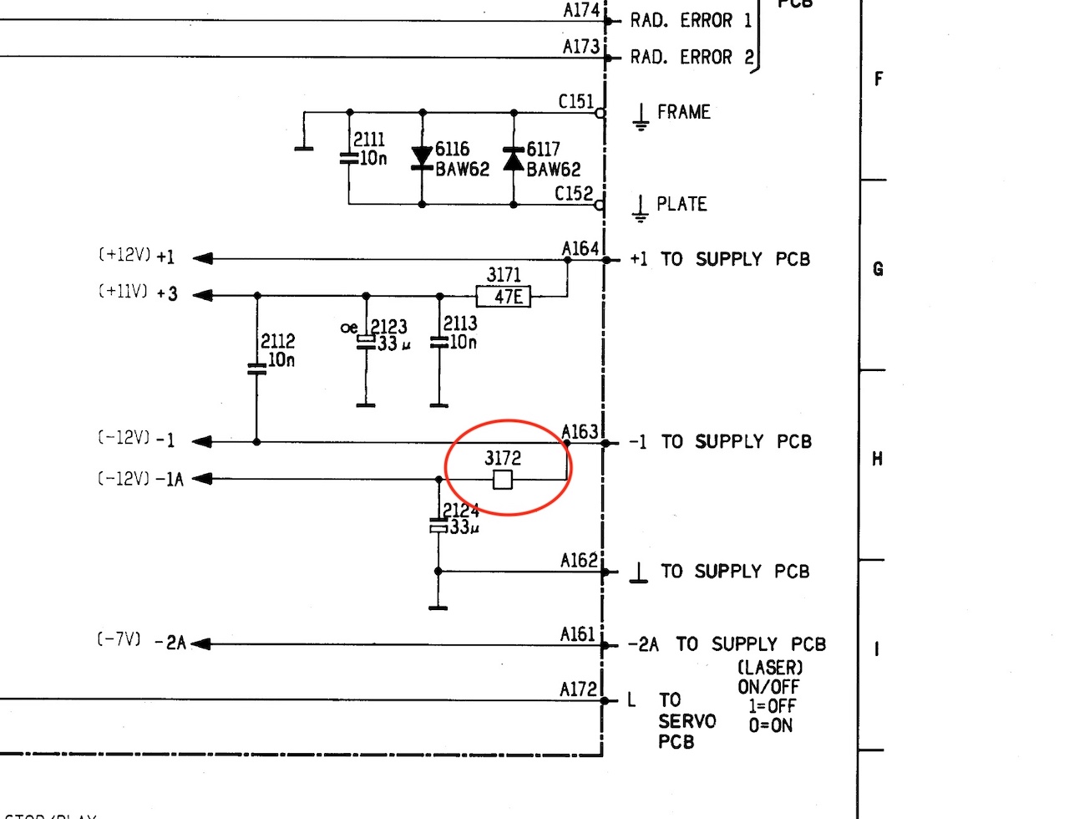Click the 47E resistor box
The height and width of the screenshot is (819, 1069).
pyautogui.click(x=504, y=296)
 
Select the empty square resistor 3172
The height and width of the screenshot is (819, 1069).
pyautogui.click(x=502, y=479)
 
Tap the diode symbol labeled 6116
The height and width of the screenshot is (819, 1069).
pyautogui.click(x=423, y=159)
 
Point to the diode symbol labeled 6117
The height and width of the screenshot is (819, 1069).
pyautogui.click(x=514, y=159)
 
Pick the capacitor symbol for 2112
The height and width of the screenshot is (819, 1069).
pyautogui.click(x=256, y=368)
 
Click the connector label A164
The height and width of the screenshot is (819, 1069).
pyautogui.click(x=580, y=248)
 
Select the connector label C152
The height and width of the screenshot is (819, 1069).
pyautogui.click(x=575, y=194)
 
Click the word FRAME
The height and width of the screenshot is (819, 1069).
pyautogui.click(x=683, y=112)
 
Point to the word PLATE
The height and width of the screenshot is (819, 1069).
pyautogui.click(x=681, y=204)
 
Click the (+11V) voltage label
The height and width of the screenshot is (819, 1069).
pyautogui.click(x=122, y=292)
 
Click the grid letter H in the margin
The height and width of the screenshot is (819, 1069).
pyautogui.click(x=877, y=459)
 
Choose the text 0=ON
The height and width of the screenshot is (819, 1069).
pyautogui.click(x=770, y=725)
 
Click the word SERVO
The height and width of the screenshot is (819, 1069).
pyautogui.click(x=686, y=720)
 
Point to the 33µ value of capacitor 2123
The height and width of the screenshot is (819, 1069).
pyautogui.click(x=393, y=343)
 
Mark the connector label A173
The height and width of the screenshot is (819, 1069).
pyautogui.click(x=581, y=47)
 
